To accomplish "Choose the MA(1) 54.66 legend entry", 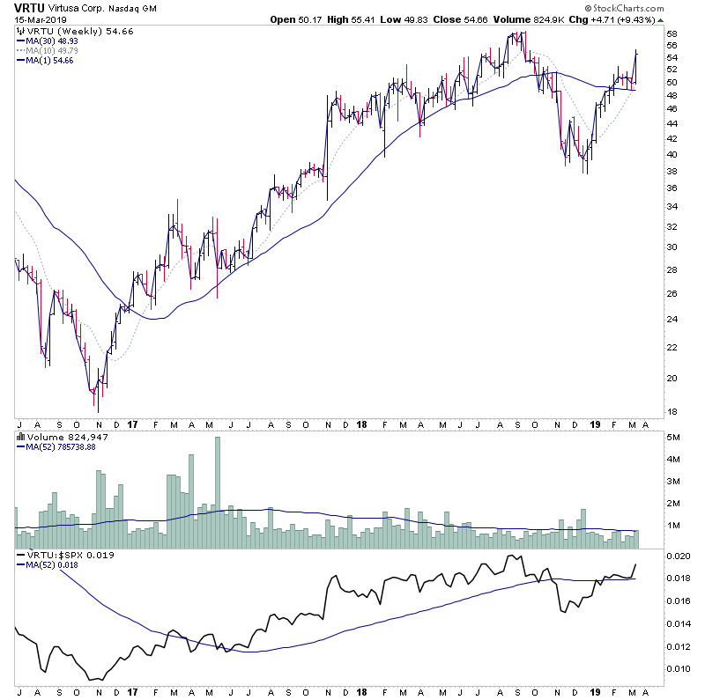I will click(52, 61).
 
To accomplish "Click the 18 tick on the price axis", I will click(672, 412).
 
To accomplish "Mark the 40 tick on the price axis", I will click(672, 155).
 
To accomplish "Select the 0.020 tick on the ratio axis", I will click(678, 556).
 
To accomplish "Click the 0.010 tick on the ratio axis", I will click(678, 669).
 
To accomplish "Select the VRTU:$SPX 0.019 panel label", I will click(61, 556).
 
